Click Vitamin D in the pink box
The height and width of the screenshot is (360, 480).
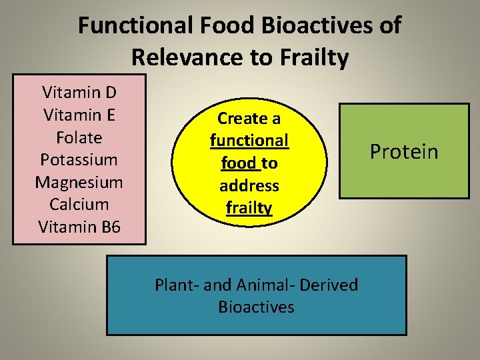(x=79, y=92)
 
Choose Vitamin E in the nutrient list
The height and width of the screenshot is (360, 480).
(x=79, y=115)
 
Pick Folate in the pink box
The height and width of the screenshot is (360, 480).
(x=79, y=137)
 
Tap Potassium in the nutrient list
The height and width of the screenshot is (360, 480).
(x=79, y=160)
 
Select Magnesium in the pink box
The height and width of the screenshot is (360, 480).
(x=79, y=182)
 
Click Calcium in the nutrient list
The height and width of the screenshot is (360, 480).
(x=79, y=205)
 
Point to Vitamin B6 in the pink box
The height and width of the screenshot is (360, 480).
(x=79, y=227)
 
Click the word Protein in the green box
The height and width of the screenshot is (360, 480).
(x=404, y=152)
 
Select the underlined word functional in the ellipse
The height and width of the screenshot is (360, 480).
(x=249, y=141)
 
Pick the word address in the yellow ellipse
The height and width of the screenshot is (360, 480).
(x=249, y=185)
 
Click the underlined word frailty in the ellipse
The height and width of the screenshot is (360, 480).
(x=249, y=208)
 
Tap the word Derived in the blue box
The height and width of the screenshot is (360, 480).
(x=329, y=285)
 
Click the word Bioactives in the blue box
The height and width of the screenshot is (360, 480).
(x=256, y=307)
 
